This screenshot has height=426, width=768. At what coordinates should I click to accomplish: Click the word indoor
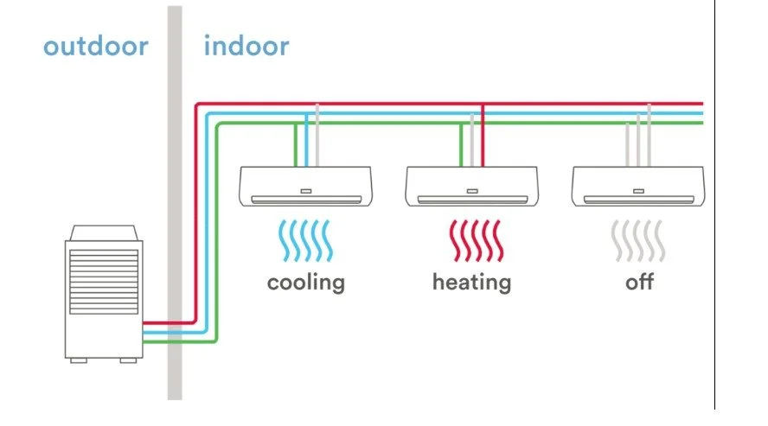pos(246,46)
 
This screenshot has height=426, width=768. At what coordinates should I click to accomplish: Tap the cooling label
pos(305,282)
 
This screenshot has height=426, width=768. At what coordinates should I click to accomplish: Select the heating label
pos(471,282)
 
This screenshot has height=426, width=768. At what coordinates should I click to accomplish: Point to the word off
pos(639,282)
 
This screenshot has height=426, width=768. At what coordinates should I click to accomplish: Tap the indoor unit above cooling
pos(305,186)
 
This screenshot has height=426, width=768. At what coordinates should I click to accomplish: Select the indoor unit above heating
pos(471,186)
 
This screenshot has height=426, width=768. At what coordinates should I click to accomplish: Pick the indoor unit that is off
pos(638,186)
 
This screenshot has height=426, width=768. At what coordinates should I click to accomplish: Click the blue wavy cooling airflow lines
pos(305,241)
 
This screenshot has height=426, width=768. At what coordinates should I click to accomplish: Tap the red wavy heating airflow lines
pos(471,241)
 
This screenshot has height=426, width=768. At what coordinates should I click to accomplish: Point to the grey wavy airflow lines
pos(638,241)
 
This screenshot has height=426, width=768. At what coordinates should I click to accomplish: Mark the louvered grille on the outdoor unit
pos(104,276)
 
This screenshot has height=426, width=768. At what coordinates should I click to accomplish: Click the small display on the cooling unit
pos(305,190)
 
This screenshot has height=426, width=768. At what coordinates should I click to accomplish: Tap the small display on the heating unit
pos(471,190)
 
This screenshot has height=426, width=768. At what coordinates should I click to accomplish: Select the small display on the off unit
pos(638,190)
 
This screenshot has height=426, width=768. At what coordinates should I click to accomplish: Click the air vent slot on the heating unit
pos(471,200)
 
